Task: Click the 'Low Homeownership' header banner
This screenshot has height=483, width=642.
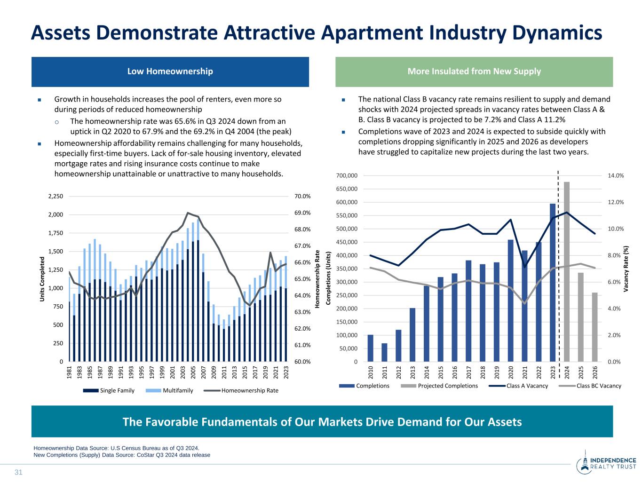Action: coord(170,71)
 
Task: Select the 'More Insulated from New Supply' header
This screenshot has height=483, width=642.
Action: coord(474,71)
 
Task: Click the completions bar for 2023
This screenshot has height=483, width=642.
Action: coord(553,283)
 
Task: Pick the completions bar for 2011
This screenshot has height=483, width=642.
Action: coord(384,352)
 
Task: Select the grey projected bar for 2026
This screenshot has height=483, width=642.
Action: coord(595,327)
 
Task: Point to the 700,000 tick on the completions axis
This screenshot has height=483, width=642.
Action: coord(347,175)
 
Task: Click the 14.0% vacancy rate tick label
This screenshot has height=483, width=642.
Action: coord(616,175)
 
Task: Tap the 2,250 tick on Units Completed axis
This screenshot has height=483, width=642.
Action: coord(55,196)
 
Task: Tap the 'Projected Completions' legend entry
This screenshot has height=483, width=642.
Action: coord(439,386)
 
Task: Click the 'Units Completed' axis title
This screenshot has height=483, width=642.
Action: coord(42,279)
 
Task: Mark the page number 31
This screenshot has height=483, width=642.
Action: coord(19,472)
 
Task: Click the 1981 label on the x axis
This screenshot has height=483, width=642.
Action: coord(70,372)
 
